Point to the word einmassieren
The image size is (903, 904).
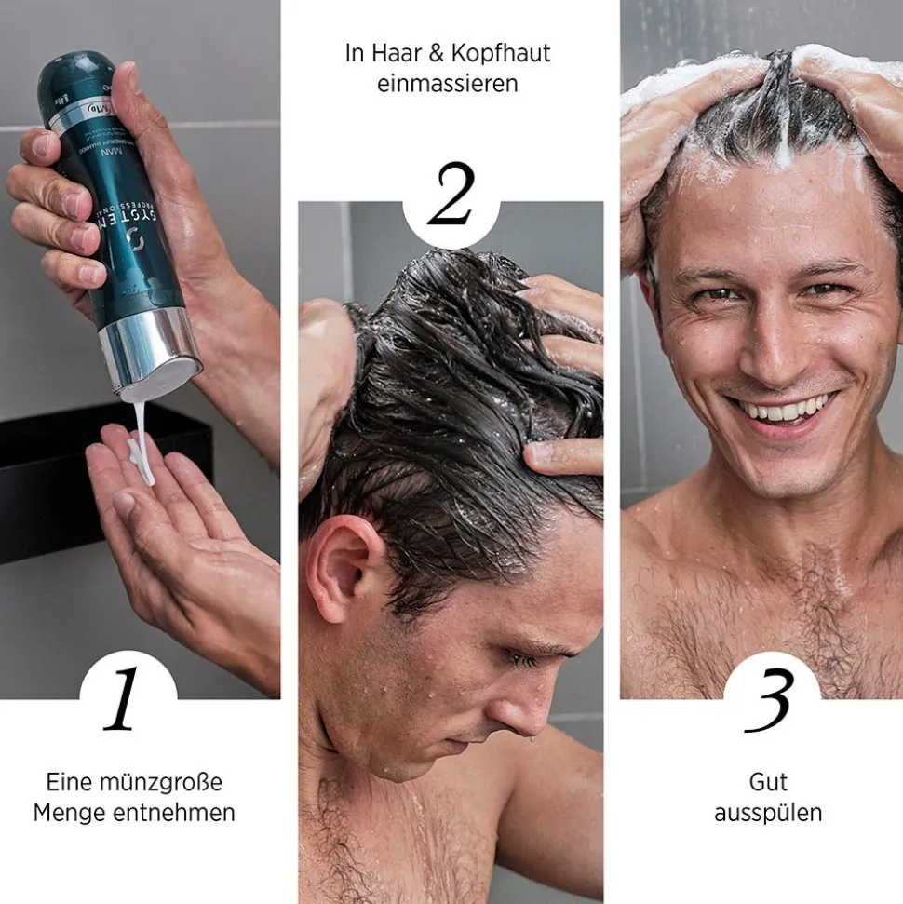(x=448, y=84)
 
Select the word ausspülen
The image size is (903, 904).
(x=768, y=813)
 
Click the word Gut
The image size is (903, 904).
(x=768, y=781)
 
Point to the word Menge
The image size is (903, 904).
(x=72, y=813)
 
